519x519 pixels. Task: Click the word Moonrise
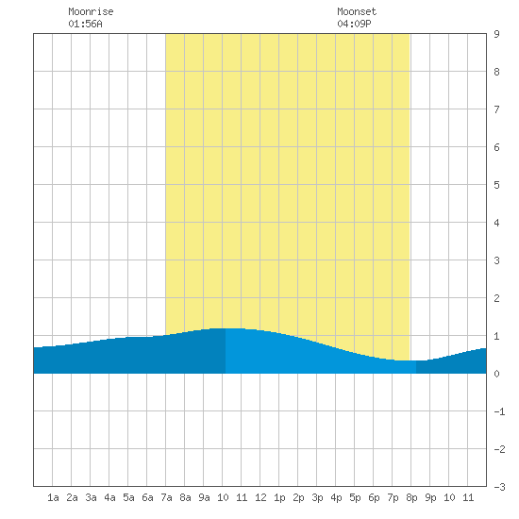[x=91, y=11]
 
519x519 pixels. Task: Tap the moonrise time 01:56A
[x=85, y=24]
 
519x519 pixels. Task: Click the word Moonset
[x=357, y=11]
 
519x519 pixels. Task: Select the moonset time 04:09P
[x=354, y=24]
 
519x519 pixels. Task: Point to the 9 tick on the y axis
[x=496, y=34]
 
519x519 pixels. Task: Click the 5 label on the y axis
[x=496, y=185]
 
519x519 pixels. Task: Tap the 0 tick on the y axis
[x=496, y=374]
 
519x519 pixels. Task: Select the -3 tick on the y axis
[x=499, y=487]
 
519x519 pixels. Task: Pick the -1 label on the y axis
[x=499, y=411]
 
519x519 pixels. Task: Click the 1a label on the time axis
[x=53, y=497]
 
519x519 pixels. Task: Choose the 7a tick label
[x=166, y=497]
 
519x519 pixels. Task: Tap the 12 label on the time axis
[x=260, y=497]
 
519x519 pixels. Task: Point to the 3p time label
[x=317, y=497]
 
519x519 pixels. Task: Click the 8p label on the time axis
[x=411, y=497]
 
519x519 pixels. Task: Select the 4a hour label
[x=109, y=497]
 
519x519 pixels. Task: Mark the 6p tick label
[x=374, y=497]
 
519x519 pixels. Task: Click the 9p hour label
[x=430, y=497]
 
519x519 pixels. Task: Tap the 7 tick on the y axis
[x=496, y=109]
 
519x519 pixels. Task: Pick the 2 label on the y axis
[x=496, y=298]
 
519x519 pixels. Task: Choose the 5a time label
[x=128, y=497]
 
